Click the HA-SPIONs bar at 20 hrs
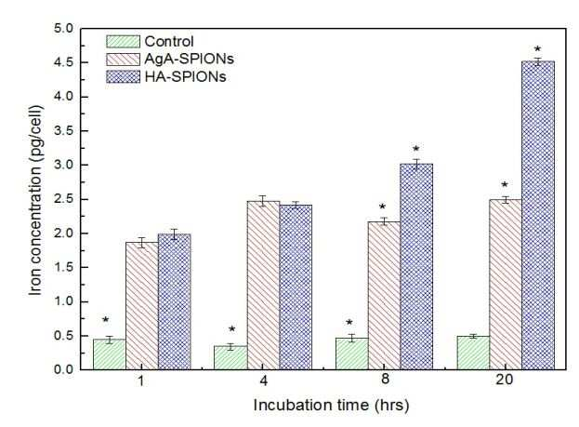[x=538, y=216]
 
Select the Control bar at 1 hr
[x=110, y=354]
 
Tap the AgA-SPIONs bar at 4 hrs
[x=263, y=286]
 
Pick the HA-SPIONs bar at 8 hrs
[x=416, y=267]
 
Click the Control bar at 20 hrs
[x=473, y=354]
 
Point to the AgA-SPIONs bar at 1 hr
[x=142, y=306]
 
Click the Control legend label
[x=169, y=42]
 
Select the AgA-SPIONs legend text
[x=189, y=59]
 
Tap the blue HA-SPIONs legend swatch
[x=124, y=76]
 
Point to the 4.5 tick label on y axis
[x=64, y=62]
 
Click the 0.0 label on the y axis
[x=64, y=369]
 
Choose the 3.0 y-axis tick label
[x=64, y=165]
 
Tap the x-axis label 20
[x=505, y=380]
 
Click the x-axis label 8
[x=385, y=380]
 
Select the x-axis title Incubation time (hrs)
[x=331, y=406]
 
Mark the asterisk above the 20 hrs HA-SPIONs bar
[x=537, y=48]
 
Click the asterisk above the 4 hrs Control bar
[x=232, y=328]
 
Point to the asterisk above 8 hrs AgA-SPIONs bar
[x=382, y=206]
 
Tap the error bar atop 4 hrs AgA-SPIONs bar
[x=262, y=201]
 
